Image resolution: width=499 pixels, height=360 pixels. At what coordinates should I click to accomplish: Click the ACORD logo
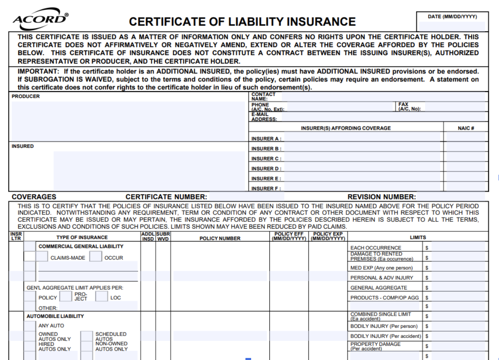(x=41, y=19)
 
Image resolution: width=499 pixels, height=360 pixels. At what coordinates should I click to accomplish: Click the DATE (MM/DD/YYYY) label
(x=452, y=17)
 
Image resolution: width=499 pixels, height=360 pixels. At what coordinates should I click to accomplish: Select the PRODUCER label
(x=26, y=96)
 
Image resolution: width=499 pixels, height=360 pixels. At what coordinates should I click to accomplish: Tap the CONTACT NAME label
(x=263, y=96)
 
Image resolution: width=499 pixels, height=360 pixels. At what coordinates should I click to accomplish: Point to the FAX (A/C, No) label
(x=409, y=107)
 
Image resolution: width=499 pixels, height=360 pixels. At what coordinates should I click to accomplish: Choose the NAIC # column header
(x=466, y=128)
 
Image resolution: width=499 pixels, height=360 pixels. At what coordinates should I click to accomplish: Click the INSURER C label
(x=266, y=159)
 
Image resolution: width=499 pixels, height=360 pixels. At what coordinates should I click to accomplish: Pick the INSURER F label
(x=266, y=189)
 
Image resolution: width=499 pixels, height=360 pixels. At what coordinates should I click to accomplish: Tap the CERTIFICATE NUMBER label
(x=166, y=197)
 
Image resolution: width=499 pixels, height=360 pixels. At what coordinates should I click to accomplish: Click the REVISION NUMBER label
(x=381, y=197)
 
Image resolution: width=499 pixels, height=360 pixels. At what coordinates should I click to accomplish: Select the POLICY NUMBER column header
(x=220, y=238)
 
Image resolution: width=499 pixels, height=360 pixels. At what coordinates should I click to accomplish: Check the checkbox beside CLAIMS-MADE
(x=42, y=257)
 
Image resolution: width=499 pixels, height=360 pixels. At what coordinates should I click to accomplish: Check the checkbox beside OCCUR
(x=96, y=257)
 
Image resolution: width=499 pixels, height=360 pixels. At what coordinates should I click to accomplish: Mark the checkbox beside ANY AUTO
(x=30, y=326)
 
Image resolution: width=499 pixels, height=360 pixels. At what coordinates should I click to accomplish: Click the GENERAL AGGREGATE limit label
(x=379, y=288)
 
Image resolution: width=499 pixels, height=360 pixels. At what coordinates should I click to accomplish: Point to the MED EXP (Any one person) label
(x=381, y=268)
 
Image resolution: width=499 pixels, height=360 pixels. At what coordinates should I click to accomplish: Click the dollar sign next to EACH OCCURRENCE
(x=427, y=248)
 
